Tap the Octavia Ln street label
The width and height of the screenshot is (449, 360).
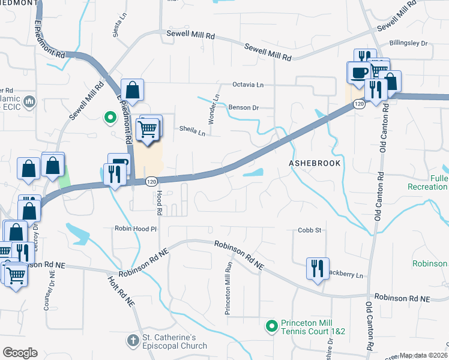249,85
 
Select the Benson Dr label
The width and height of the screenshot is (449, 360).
243,108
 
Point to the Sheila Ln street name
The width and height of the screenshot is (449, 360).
192,128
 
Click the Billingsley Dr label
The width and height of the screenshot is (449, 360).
408,43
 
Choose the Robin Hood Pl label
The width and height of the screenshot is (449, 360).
136,229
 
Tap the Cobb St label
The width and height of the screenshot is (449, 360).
310,230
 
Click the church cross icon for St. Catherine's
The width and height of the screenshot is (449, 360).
132,340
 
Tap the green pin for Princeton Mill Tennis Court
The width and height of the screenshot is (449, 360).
271,326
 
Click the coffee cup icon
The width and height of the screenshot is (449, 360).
360,73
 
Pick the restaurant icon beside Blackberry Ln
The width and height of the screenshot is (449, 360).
316,268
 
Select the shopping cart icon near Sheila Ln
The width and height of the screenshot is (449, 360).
148,128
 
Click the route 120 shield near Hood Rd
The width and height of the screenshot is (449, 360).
152,180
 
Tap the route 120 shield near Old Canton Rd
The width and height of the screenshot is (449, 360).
359,104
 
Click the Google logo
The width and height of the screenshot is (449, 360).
19,353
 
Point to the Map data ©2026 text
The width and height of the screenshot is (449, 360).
424,355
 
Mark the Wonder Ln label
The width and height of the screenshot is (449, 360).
211,109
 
